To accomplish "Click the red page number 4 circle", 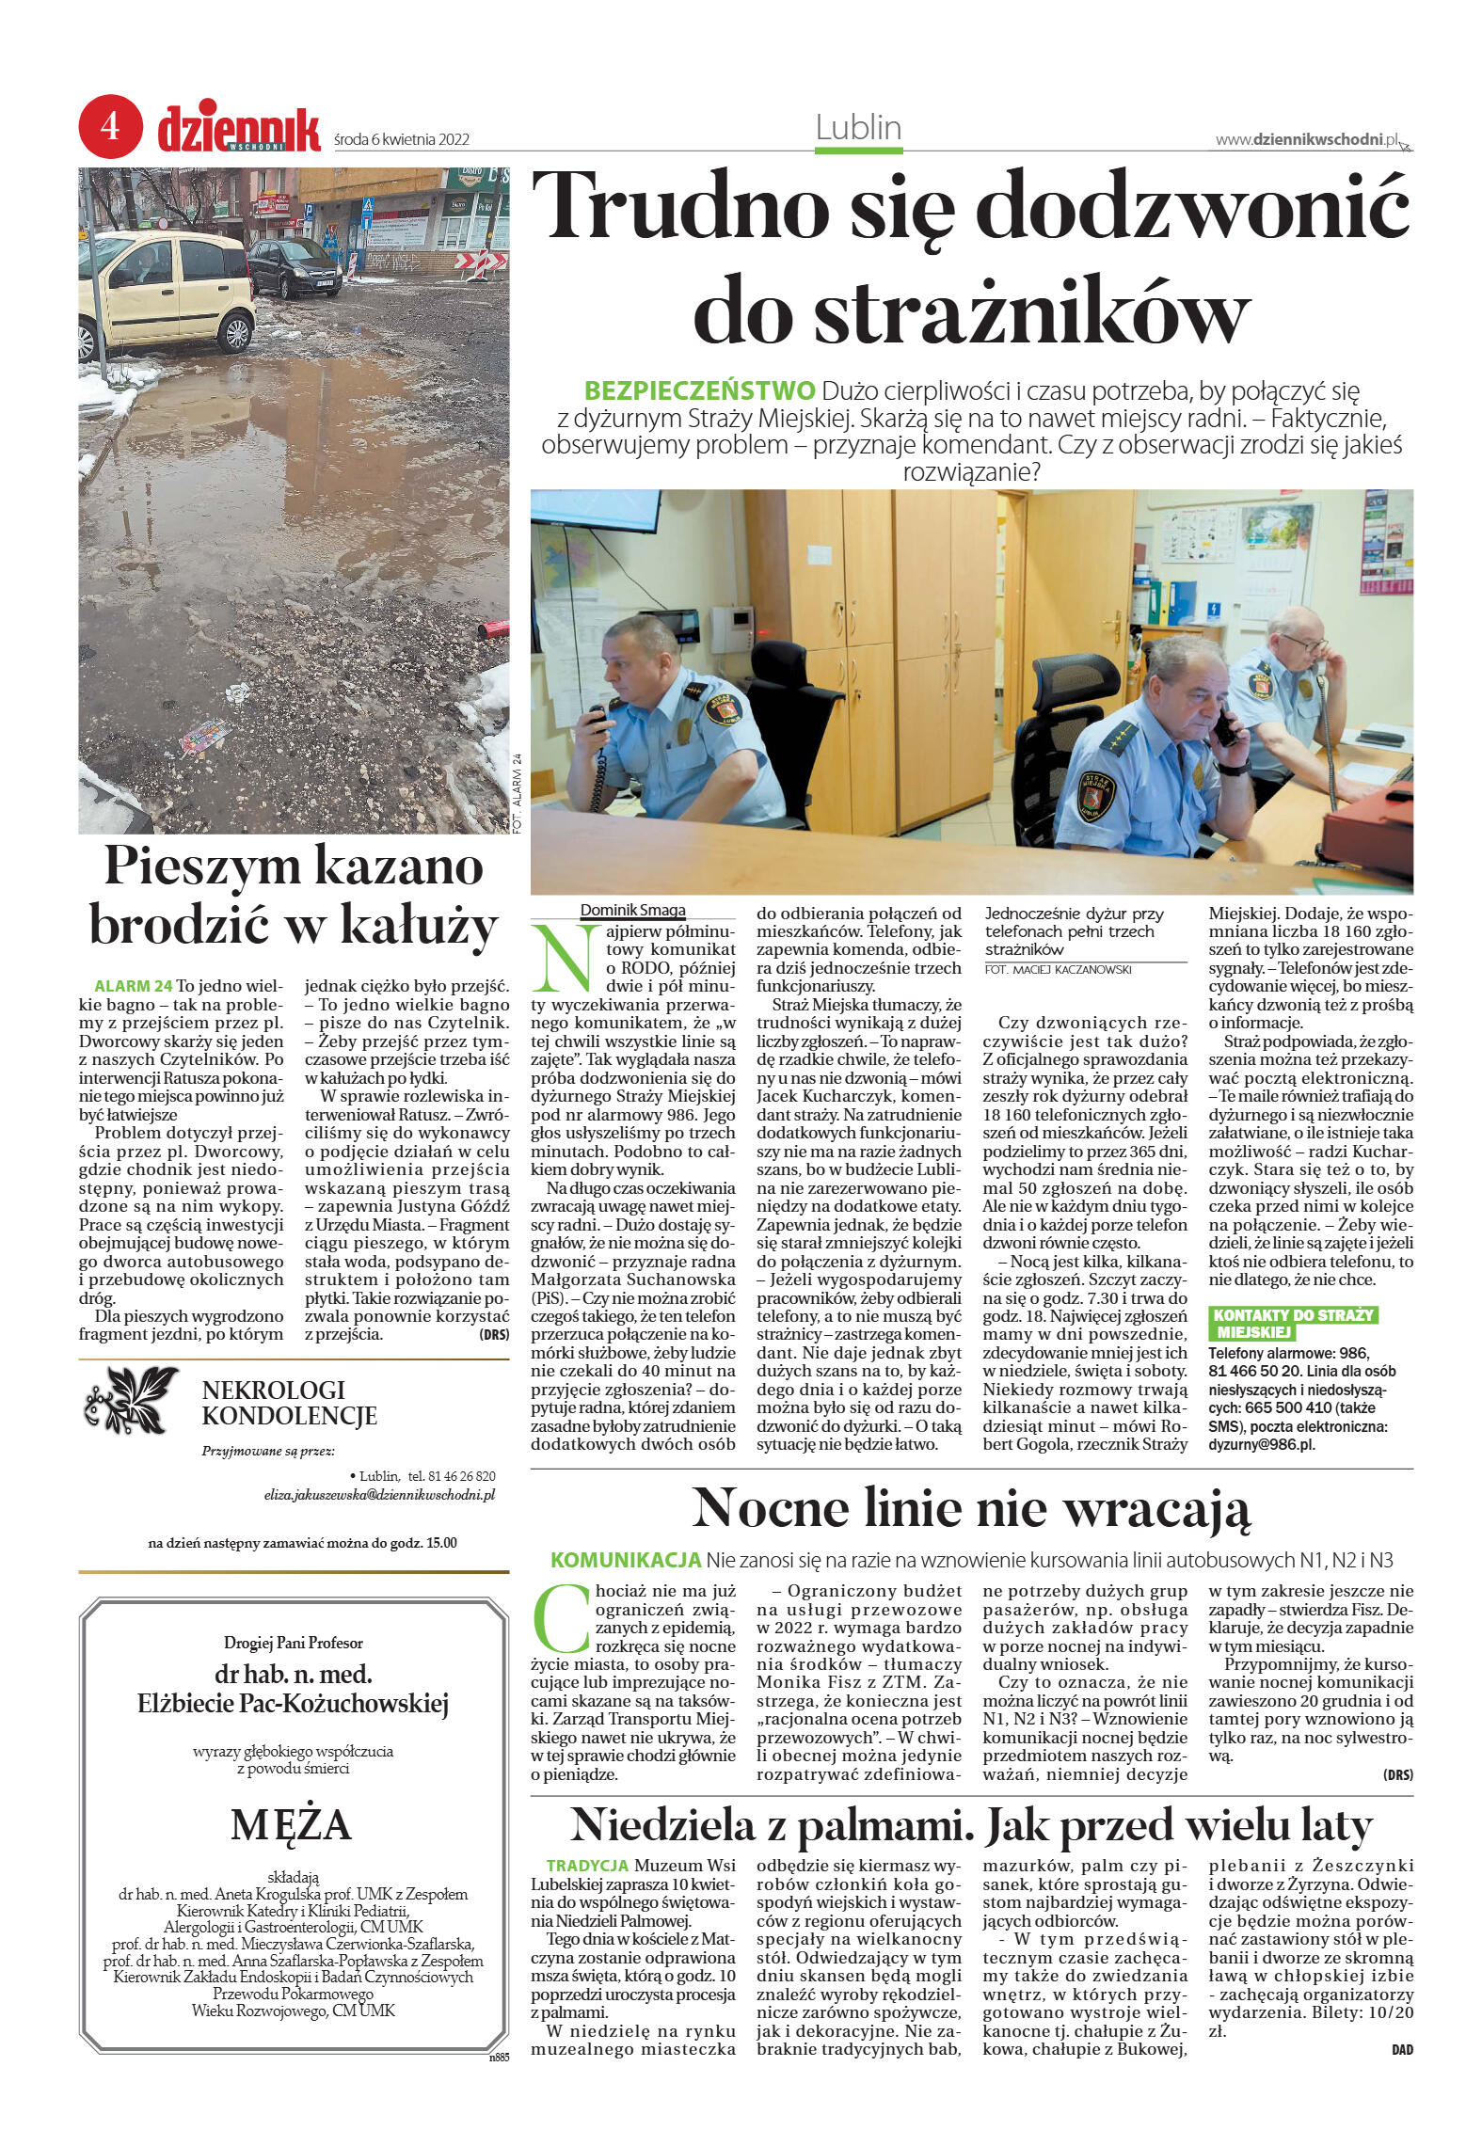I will pyautogui.click(x=110, y=126).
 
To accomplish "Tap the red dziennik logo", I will pyautogui.click(x=239, y=130).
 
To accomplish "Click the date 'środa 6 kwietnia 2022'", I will pyautogui.click(x=402, y=140).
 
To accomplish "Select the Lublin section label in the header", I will pyautogui.click(x=858, y=128).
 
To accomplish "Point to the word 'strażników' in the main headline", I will pyautogui.click(x=971, y=310).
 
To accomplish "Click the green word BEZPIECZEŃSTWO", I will pyautogui.click(x=699, y=390).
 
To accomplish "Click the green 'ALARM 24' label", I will pyautogui.click(x=134, y=986).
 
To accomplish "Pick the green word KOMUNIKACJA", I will pyautogui.click(x=626, y=1560).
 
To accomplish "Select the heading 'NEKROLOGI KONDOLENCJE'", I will pyautogui.click(x=289, y=1403).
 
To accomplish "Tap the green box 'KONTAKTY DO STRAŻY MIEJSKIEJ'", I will pyautogui.click(x=1292, y=1324).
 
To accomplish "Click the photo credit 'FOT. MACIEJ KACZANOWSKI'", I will pyautogui.click(x=1058, y=969).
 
